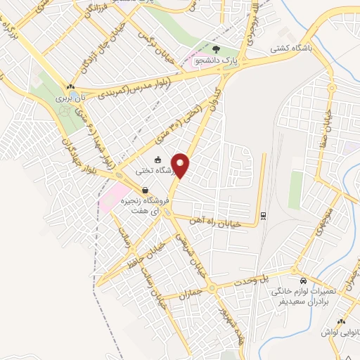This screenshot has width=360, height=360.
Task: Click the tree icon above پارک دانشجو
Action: [x=215, y=50]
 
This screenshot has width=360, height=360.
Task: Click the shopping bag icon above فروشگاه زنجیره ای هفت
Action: [x=145, y=190]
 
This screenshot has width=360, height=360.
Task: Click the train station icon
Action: [x=263, y=215]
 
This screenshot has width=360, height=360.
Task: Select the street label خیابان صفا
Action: [x=336, y=133]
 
